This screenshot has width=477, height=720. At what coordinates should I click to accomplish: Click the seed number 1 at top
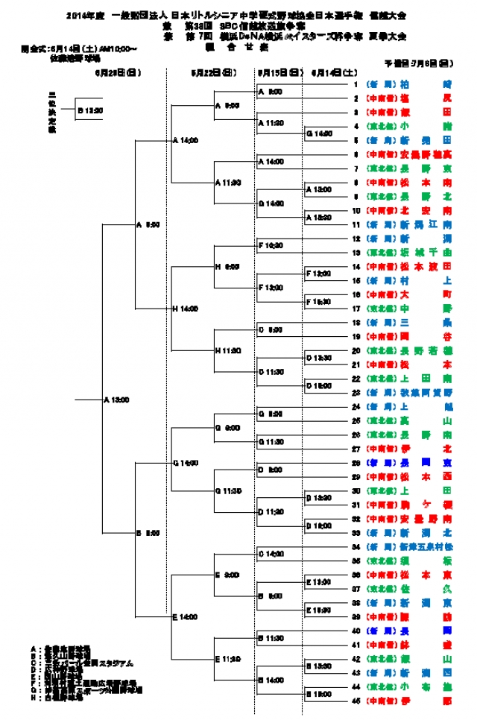point(357,84)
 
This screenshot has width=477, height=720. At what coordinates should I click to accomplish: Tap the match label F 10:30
point(270,244)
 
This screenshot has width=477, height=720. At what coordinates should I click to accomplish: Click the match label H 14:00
point(185,308)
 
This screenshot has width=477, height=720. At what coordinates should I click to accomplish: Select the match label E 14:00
point(185,617)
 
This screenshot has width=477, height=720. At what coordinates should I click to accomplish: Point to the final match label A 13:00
point(116,400)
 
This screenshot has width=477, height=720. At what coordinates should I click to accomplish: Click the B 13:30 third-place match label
point(89,110)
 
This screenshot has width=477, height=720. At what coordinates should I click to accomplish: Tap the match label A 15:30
point(319,217)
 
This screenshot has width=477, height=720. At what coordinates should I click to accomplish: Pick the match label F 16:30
point(319,301)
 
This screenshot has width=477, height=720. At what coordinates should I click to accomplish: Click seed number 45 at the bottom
point(356,701)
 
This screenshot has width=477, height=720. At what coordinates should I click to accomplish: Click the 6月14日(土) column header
point(329,73)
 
